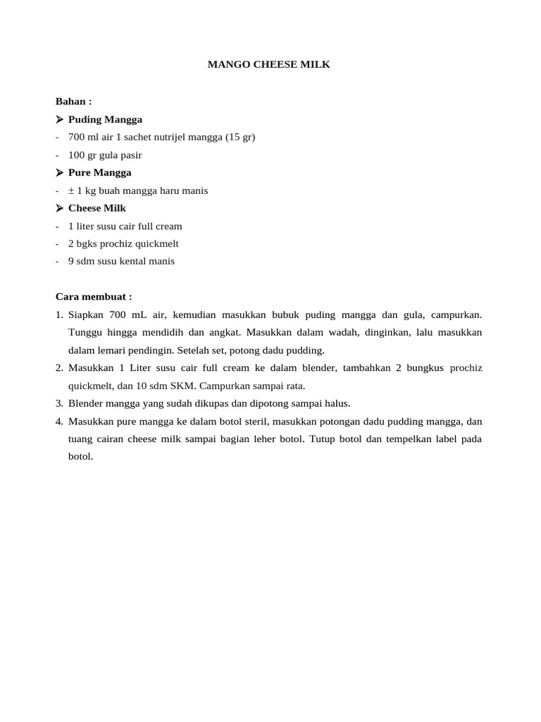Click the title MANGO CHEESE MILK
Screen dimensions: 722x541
(268, 65)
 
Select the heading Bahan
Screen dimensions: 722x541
(73, 102)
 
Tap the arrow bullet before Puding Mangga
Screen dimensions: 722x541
(60, 119)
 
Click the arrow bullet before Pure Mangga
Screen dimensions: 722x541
(60, 173)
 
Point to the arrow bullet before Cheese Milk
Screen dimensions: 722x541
(60, 208)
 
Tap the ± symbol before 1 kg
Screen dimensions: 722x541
(71, 190)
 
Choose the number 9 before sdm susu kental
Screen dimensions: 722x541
(71, 261)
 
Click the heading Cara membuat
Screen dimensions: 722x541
(94, 297)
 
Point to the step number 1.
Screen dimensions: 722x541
(59, 314)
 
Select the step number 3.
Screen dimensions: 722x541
(59, 403)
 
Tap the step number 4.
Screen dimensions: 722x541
(59, 421)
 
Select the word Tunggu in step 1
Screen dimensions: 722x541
(84, 332)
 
